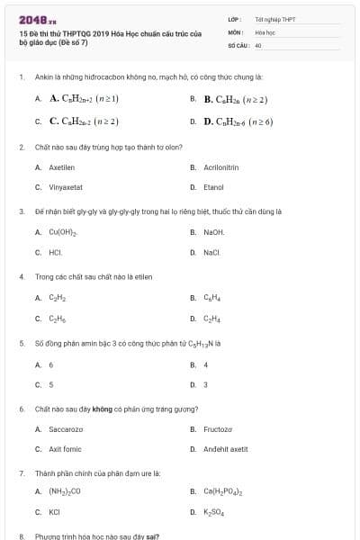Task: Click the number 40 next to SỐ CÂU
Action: click(x=258, y=44)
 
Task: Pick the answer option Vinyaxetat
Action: click(x=66, y=187)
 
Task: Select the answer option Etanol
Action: click(x=213, y=187)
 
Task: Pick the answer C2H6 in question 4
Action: click(x=57, y=319)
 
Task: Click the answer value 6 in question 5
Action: click(x=51, y=364)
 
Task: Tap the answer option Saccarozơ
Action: click(x=66, y=429)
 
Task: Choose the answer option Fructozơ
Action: click(x=218, y=429)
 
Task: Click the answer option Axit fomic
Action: click(x=65, y=449)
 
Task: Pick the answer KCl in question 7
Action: click(x=54, y=512)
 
